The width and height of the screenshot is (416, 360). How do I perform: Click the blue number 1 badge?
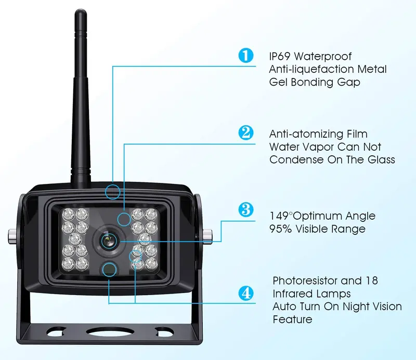(x=245, y=56)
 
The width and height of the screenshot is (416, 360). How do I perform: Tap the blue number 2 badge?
(x=245, y=132)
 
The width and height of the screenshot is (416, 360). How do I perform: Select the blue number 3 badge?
(x=245, y=209)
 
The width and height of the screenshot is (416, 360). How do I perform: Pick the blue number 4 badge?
(x=245, y=293)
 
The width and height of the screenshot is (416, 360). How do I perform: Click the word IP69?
(x=280, y=57)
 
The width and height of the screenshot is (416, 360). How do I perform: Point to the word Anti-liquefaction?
(x=311, y=69)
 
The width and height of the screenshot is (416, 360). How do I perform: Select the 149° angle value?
(x=280, y=216)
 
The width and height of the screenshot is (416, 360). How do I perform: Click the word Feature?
(x=292, y=319)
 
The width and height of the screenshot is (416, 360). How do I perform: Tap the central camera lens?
(x=109, y=241)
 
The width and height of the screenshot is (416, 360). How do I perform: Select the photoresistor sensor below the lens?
(x=109, y=270)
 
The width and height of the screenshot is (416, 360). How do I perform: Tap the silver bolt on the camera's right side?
(x=207, y=235)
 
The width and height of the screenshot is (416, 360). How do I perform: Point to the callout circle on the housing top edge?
(x=112, y=192)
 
